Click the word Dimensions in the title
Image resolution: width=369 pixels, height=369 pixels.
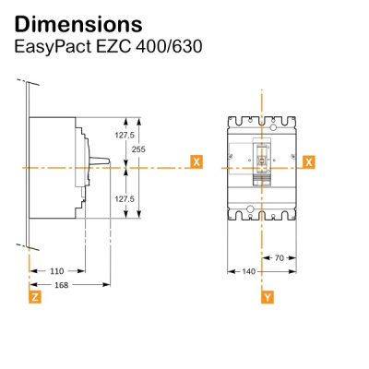pos(78,22)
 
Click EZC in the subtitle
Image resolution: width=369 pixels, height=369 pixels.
pos(114,45)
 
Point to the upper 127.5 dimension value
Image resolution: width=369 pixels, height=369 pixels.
pos(125,134)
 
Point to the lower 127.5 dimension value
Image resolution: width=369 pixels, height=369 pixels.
pos(125,198)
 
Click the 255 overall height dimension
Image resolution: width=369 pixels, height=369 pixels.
pos(138,149)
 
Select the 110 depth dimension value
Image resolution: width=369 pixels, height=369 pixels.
pos(55,271)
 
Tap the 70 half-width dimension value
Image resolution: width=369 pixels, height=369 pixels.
pos(280,258)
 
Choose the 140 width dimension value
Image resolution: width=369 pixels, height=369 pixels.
pos(247,271)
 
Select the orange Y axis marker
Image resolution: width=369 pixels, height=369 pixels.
pos(268,298)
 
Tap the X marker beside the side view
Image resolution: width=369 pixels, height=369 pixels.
pos(196,161)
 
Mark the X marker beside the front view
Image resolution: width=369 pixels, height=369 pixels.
pos(308,161)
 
